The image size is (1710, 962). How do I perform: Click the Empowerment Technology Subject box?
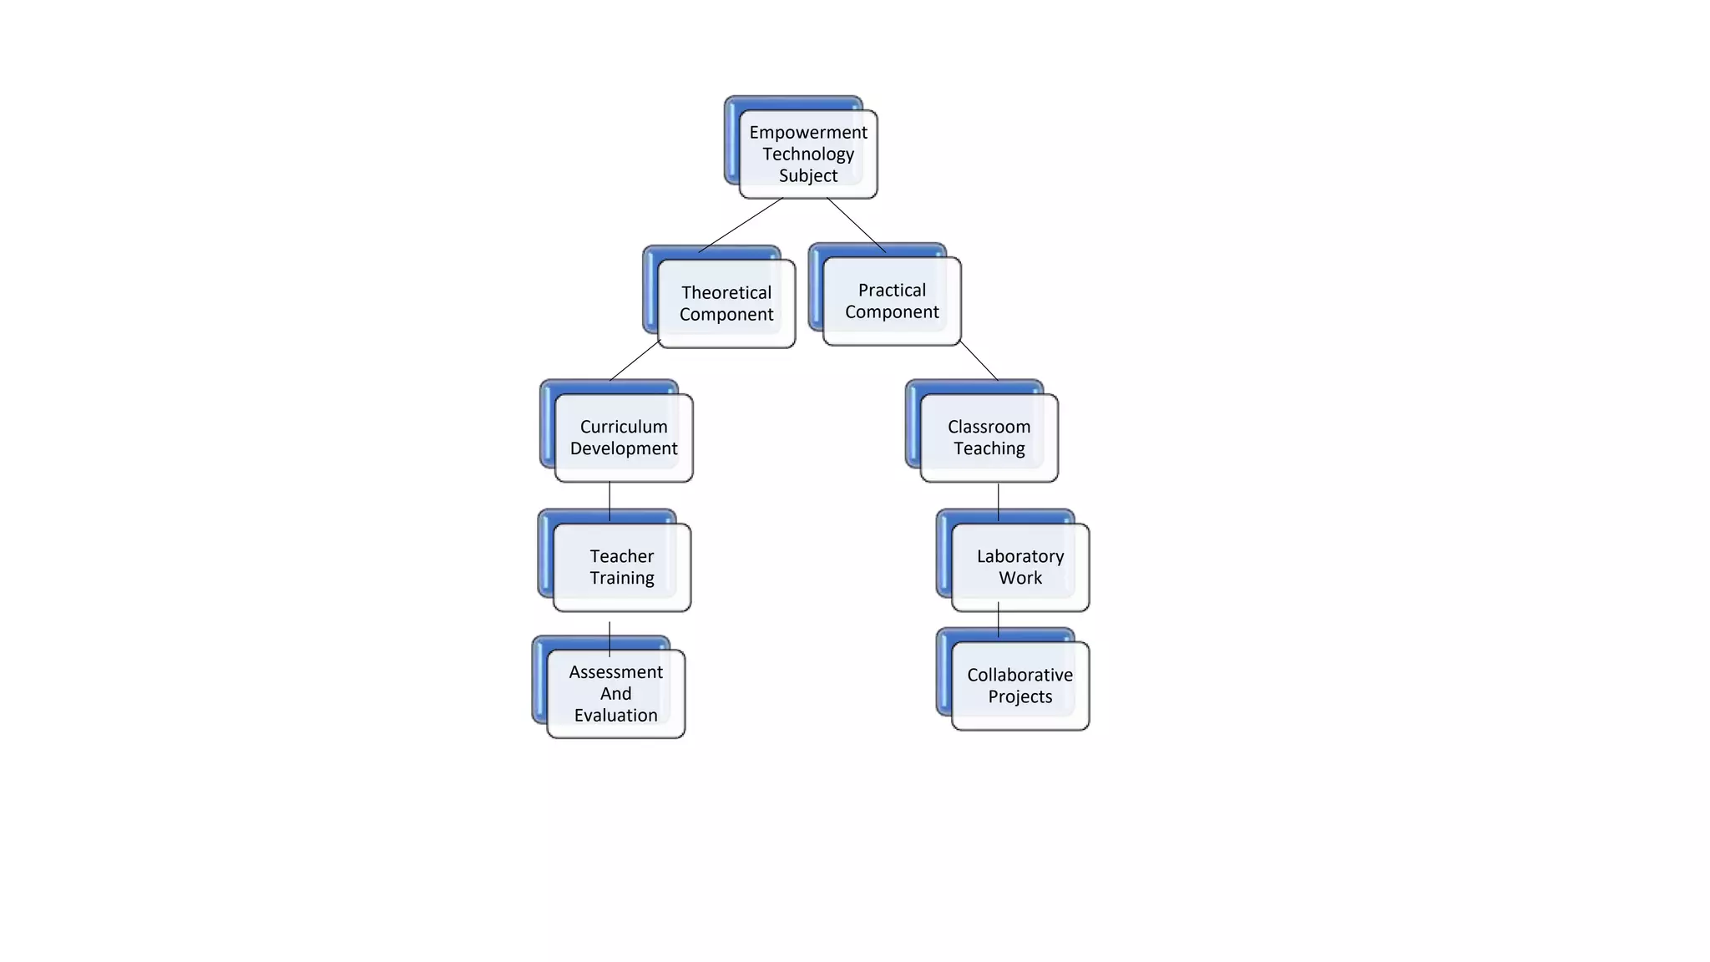point(807,154)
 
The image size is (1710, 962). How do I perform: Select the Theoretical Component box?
point(726,303)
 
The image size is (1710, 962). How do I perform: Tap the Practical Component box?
point(891,301)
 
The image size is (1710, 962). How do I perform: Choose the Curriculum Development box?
point(623,437)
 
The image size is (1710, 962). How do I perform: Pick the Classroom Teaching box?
point(989,437)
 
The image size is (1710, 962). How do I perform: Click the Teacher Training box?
point(621,567)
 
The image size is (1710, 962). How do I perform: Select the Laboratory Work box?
point(1019,567)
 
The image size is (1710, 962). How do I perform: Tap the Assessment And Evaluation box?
point(615,693)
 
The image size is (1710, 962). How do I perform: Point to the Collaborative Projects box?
point(1019,686)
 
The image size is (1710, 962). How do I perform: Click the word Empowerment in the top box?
point(807,132)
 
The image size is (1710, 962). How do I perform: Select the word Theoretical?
point(726,292)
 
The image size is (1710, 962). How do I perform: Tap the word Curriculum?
point(623,426)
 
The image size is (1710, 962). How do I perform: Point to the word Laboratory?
point(1019,556)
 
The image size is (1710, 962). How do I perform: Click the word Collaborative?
point(1019,675)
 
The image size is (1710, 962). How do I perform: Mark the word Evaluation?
point(615,715)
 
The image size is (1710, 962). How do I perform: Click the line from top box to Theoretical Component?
point(740,225)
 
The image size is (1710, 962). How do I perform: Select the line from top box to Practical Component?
point(856,225)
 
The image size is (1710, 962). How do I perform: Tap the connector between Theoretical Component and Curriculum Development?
point(635,361)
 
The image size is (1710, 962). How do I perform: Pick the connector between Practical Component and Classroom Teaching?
point(979,360)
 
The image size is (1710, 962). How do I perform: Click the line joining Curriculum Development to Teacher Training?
point(610,501)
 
